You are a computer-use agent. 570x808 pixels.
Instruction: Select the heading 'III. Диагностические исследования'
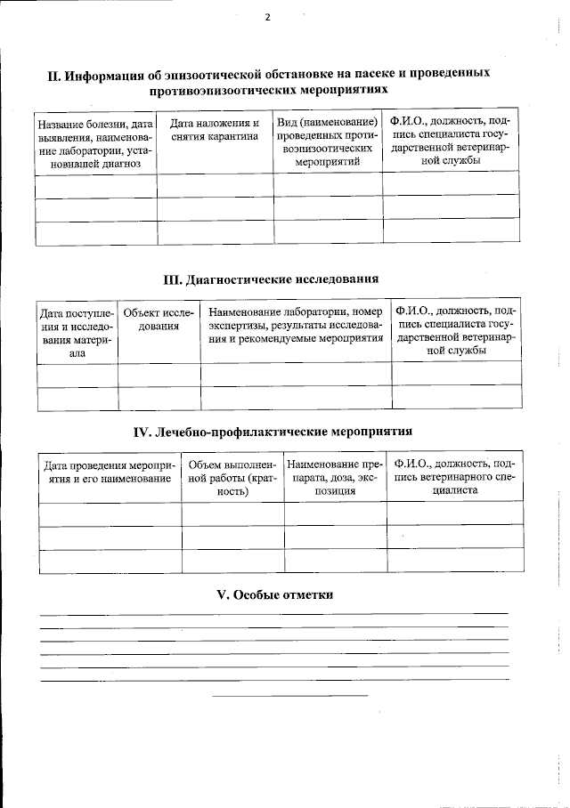point(271,279)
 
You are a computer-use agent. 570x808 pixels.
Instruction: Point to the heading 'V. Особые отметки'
point(274,594)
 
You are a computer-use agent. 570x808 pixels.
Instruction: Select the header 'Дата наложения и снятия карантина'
point(215,130)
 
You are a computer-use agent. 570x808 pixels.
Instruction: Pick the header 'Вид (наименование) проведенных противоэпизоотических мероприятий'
point(327,142)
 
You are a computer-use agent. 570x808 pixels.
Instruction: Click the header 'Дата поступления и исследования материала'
point(77,332)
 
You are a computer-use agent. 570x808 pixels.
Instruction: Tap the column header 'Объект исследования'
point(159,319)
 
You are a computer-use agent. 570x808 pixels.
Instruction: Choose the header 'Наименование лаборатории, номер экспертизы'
point(295,326)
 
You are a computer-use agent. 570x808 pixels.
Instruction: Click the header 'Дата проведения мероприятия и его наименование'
point(109,472)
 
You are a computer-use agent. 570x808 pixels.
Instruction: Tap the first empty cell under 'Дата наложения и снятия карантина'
point(215,184)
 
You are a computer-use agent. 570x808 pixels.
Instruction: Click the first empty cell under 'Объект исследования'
point(159,373)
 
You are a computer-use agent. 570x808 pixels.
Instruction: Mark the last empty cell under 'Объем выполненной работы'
point(232,562)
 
